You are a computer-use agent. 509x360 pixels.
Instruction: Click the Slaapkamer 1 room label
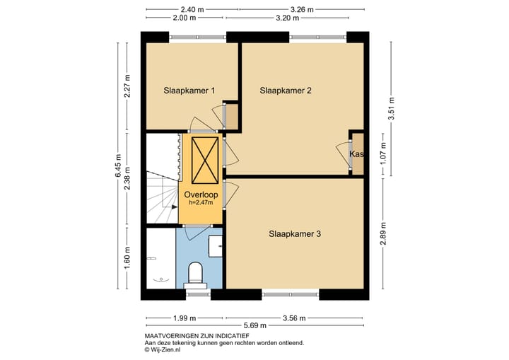coord(189,90)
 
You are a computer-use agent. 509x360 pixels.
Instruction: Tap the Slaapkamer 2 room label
coord(285,90)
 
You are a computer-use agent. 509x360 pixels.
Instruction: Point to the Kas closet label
coord(356,154)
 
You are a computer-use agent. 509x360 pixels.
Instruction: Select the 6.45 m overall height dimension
coord(118,166)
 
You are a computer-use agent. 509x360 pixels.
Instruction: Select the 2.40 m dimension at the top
coord(192,9)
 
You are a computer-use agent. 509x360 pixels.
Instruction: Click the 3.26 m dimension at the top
coord(302,9)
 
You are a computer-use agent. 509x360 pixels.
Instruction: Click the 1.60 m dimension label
coord(128,259)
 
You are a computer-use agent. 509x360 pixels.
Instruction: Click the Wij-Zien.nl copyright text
coord(164,349)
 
